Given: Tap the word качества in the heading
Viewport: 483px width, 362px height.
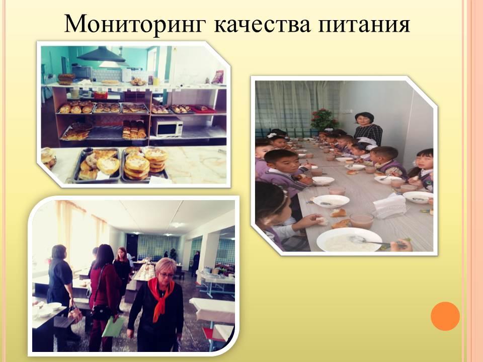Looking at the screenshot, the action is click(262, 25).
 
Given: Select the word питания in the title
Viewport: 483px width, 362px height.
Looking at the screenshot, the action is click(364, 25).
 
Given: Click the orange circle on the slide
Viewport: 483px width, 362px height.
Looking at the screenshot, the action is click(445, 316).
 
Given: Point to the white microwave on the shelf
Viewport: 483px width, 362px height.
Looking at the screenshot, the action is click(168, 127).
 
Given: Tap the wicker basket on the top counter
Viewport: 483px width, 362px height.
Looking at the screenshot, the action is click(66, 79).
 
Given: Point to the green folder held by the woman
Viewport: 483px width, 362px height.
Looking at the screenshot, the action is click(113, 327).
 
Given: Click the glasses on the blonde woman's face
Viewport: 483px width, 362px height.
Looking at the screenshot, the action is click(167, 275).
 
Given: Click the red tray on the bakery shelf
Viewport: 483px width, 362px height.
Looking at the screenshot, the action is click(203, 109).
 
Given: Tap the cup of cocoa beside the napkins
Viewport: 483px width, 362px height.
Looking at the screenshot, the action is click(362, 220).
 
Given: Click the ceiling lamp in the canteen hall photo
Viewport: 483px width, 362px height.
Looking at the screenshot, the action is click(178, 225).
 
